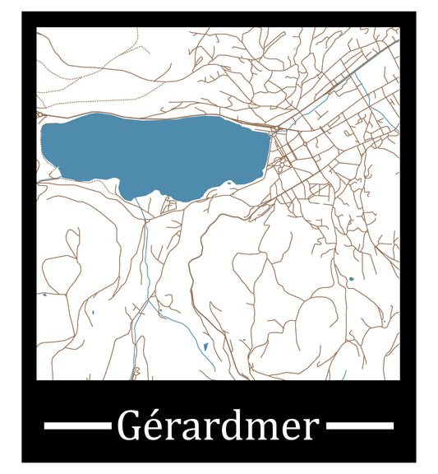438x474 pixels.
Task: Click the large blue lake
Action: click(x=156, y=152)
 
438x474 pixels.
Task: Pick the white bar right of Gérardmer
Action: click(x=359, y=426)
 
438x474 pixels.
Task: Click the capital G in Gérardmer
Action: click(x=127, y=426)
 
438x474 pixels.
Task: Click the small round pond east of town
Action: click(x=351, y=279)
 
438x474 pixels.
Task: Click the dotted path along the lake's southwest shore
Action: click(x=90, y=179)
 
